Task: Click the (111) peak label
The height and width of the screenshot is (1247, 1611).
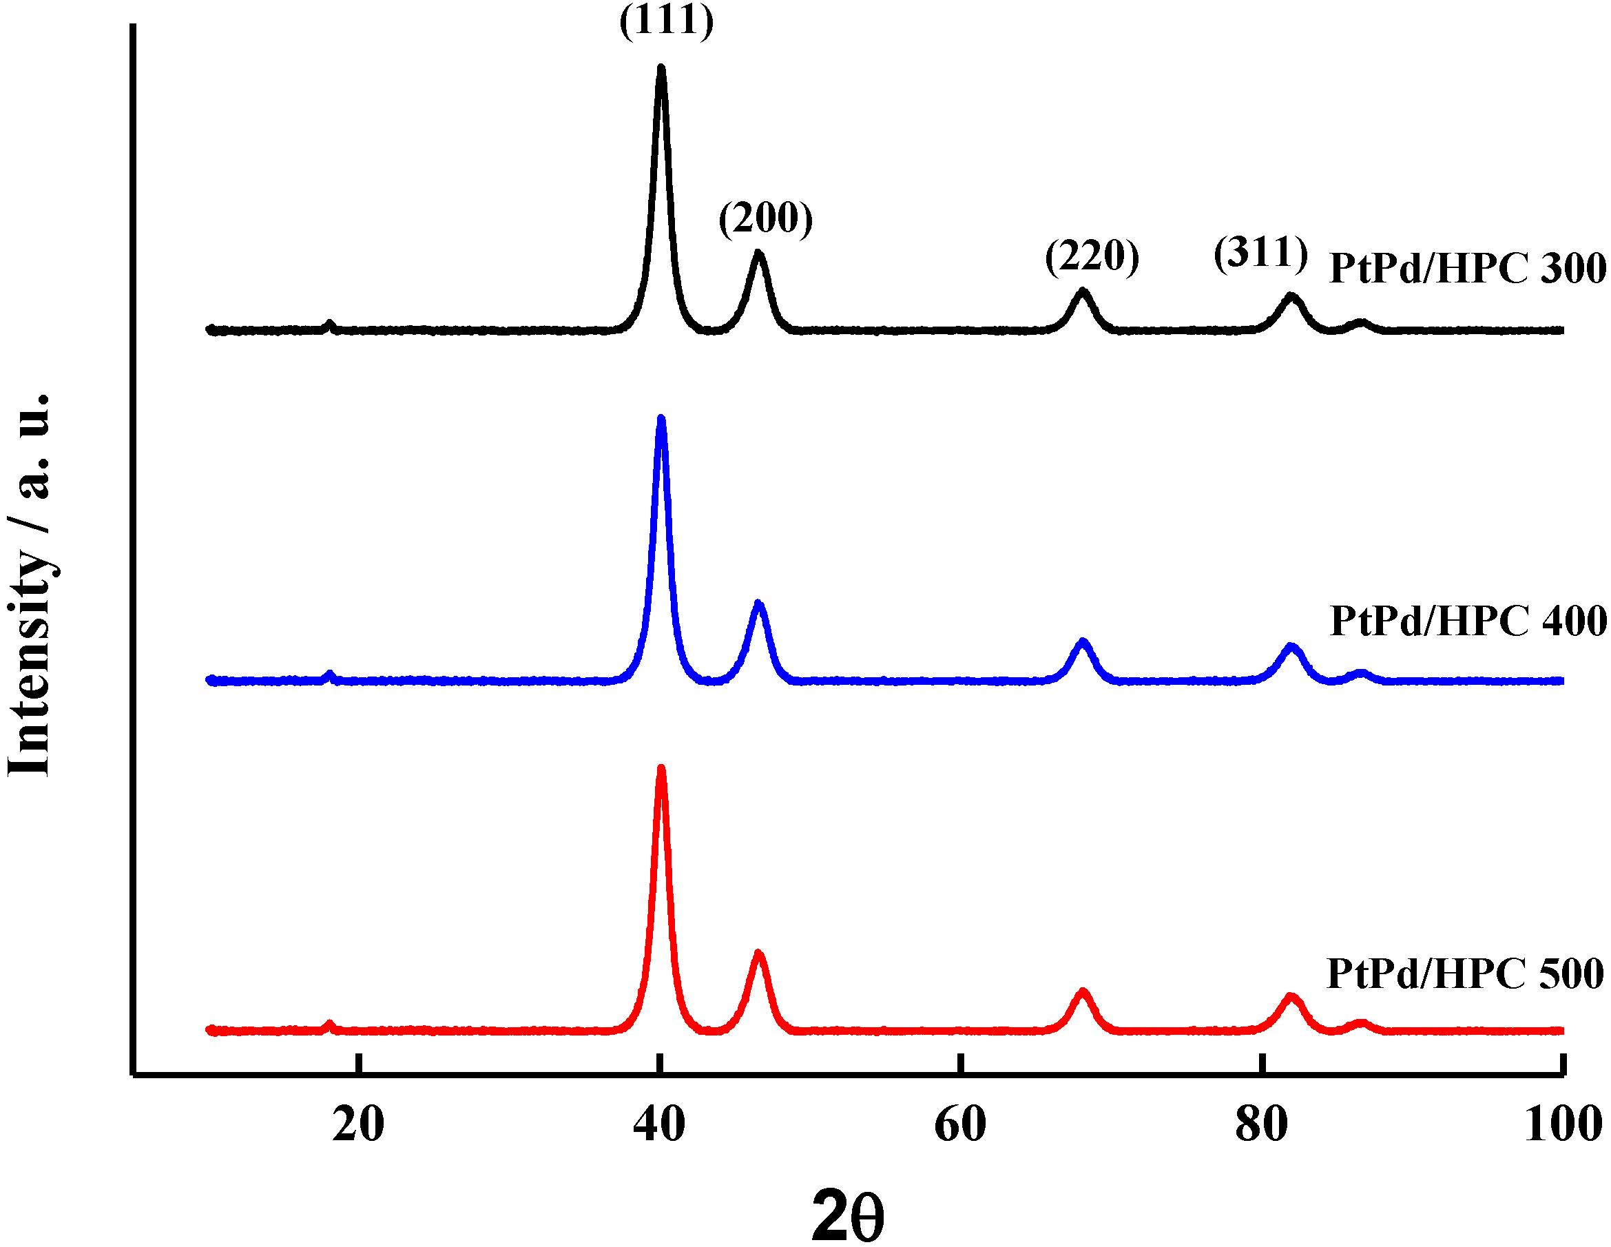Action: (666, 21)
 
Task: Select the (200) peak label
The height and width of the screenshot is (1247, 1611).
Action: (766, 218)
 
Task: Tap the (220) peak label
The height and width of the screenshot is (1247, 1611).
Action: (1092, 257)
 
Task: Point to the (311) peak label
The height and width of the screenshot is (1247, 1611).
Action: (1260, 253)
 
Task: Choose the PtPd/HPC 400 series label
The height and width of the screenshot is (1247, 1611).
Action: (1468, 621)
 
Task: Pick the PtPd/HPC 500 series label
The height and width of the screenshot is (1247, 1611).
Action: (1465, 973)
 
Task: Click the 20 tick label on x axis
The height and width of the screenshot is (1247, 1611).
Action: (357, 1124)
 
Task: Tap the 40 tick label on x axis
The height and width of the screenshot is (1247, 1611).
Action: (658, 1124)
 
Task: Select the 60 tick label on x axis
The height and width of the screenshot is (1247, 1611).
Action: (959, 1124)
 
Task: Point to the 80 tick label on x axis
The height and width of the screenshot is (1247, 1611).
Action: (1261, 1124)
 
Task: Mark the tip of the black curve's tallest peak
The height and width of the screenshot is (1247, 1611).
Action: (661, 68)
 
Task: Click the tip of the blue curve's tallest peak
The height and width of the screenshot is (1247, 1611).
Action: (661, 419)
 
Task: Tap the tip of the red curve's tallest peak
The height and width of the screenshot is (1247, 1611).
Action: (661, 769)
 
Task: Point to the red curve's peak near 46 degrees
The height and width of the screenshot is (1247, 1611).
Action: (758, 954)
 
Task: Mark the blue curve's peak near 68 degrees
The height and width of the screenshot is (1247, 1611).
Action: (1082, 642)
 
